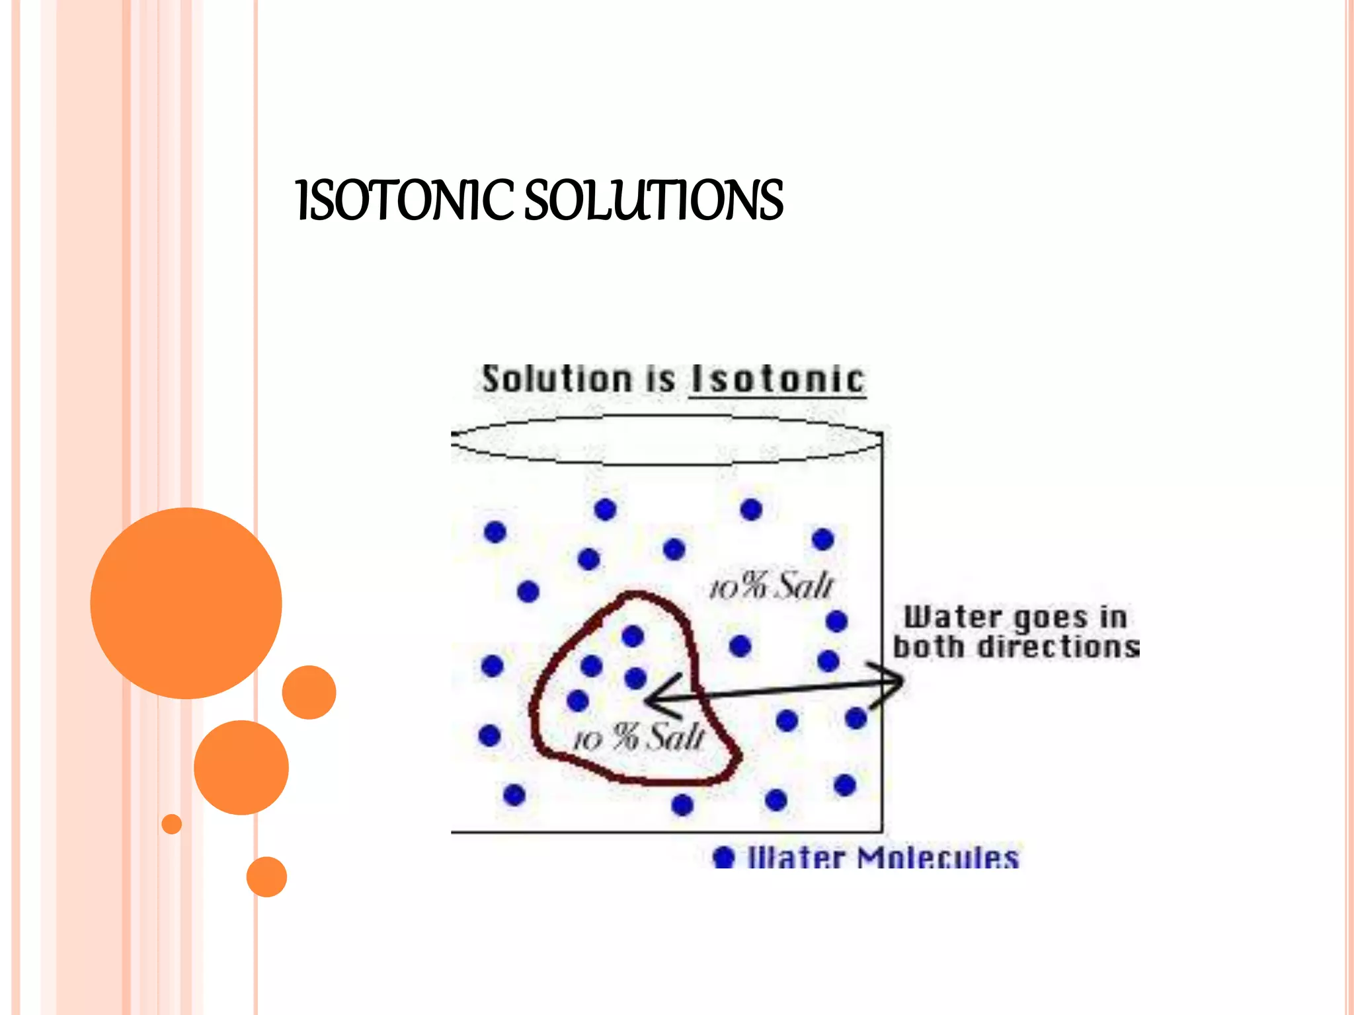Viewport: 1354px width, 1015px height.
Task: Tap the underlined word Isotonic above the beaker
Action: tap(777, 380)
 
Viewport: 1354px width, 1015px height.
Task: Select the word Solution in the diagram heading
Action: tap(557, 380)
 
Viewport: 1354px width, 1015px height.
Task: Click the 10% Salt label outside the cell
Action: tap(771, 585)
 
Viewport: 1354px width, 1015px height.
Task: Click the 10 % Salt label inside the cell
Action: tap(639, 737)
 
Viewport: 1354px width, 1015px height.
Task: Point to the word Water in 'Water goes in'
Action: tap(952, 617)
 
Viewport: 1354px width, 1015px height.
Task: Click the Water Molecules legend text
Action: tap(883, 858)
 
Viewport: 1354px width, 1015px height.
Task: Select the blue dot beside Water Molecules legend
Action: tap(724, 858)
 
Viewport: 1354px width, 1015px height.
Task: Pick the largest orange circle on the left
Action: tap(186, 603)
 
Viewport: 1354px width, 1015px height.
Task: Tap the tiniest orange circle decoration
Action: tap(172, 824)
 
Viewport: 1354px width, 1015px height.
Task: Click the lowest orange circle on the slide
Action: tap(266, 877)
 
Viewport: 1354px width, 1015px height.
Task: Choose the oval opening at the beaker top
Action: tap(666, 439)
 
